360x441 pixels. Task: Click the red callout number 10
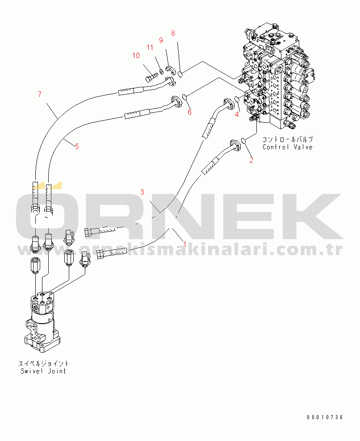click(135, 56)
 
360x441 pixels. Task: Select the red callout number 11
click(151, 47)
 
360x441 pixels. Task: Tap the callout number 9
click(161, 40)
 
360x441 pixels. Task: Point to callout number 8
click(173, 33)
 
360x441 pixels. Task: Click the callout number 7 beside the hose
click(39, 94)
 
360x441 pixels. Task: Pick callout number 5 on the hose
click(77, 146)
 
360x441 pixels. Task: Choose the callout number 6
click(189, 112)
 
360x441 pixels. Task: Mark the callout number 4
click(237, 114)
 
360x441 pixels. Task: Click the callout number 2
click(251, 160)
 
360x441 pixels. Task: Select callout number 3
click(142, 192)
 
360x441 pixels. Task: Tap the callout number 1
click(184, 244)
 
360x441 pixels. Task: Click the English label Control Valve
click(287, 147)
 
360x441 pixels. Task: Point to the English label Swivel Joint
click(43, 371)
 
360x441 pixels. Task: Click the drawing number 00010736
click(325, 417)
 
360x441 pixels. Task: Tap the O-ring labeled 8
click(180, 74)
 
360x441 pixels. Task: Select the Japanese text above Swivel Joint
click(43, 364)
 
